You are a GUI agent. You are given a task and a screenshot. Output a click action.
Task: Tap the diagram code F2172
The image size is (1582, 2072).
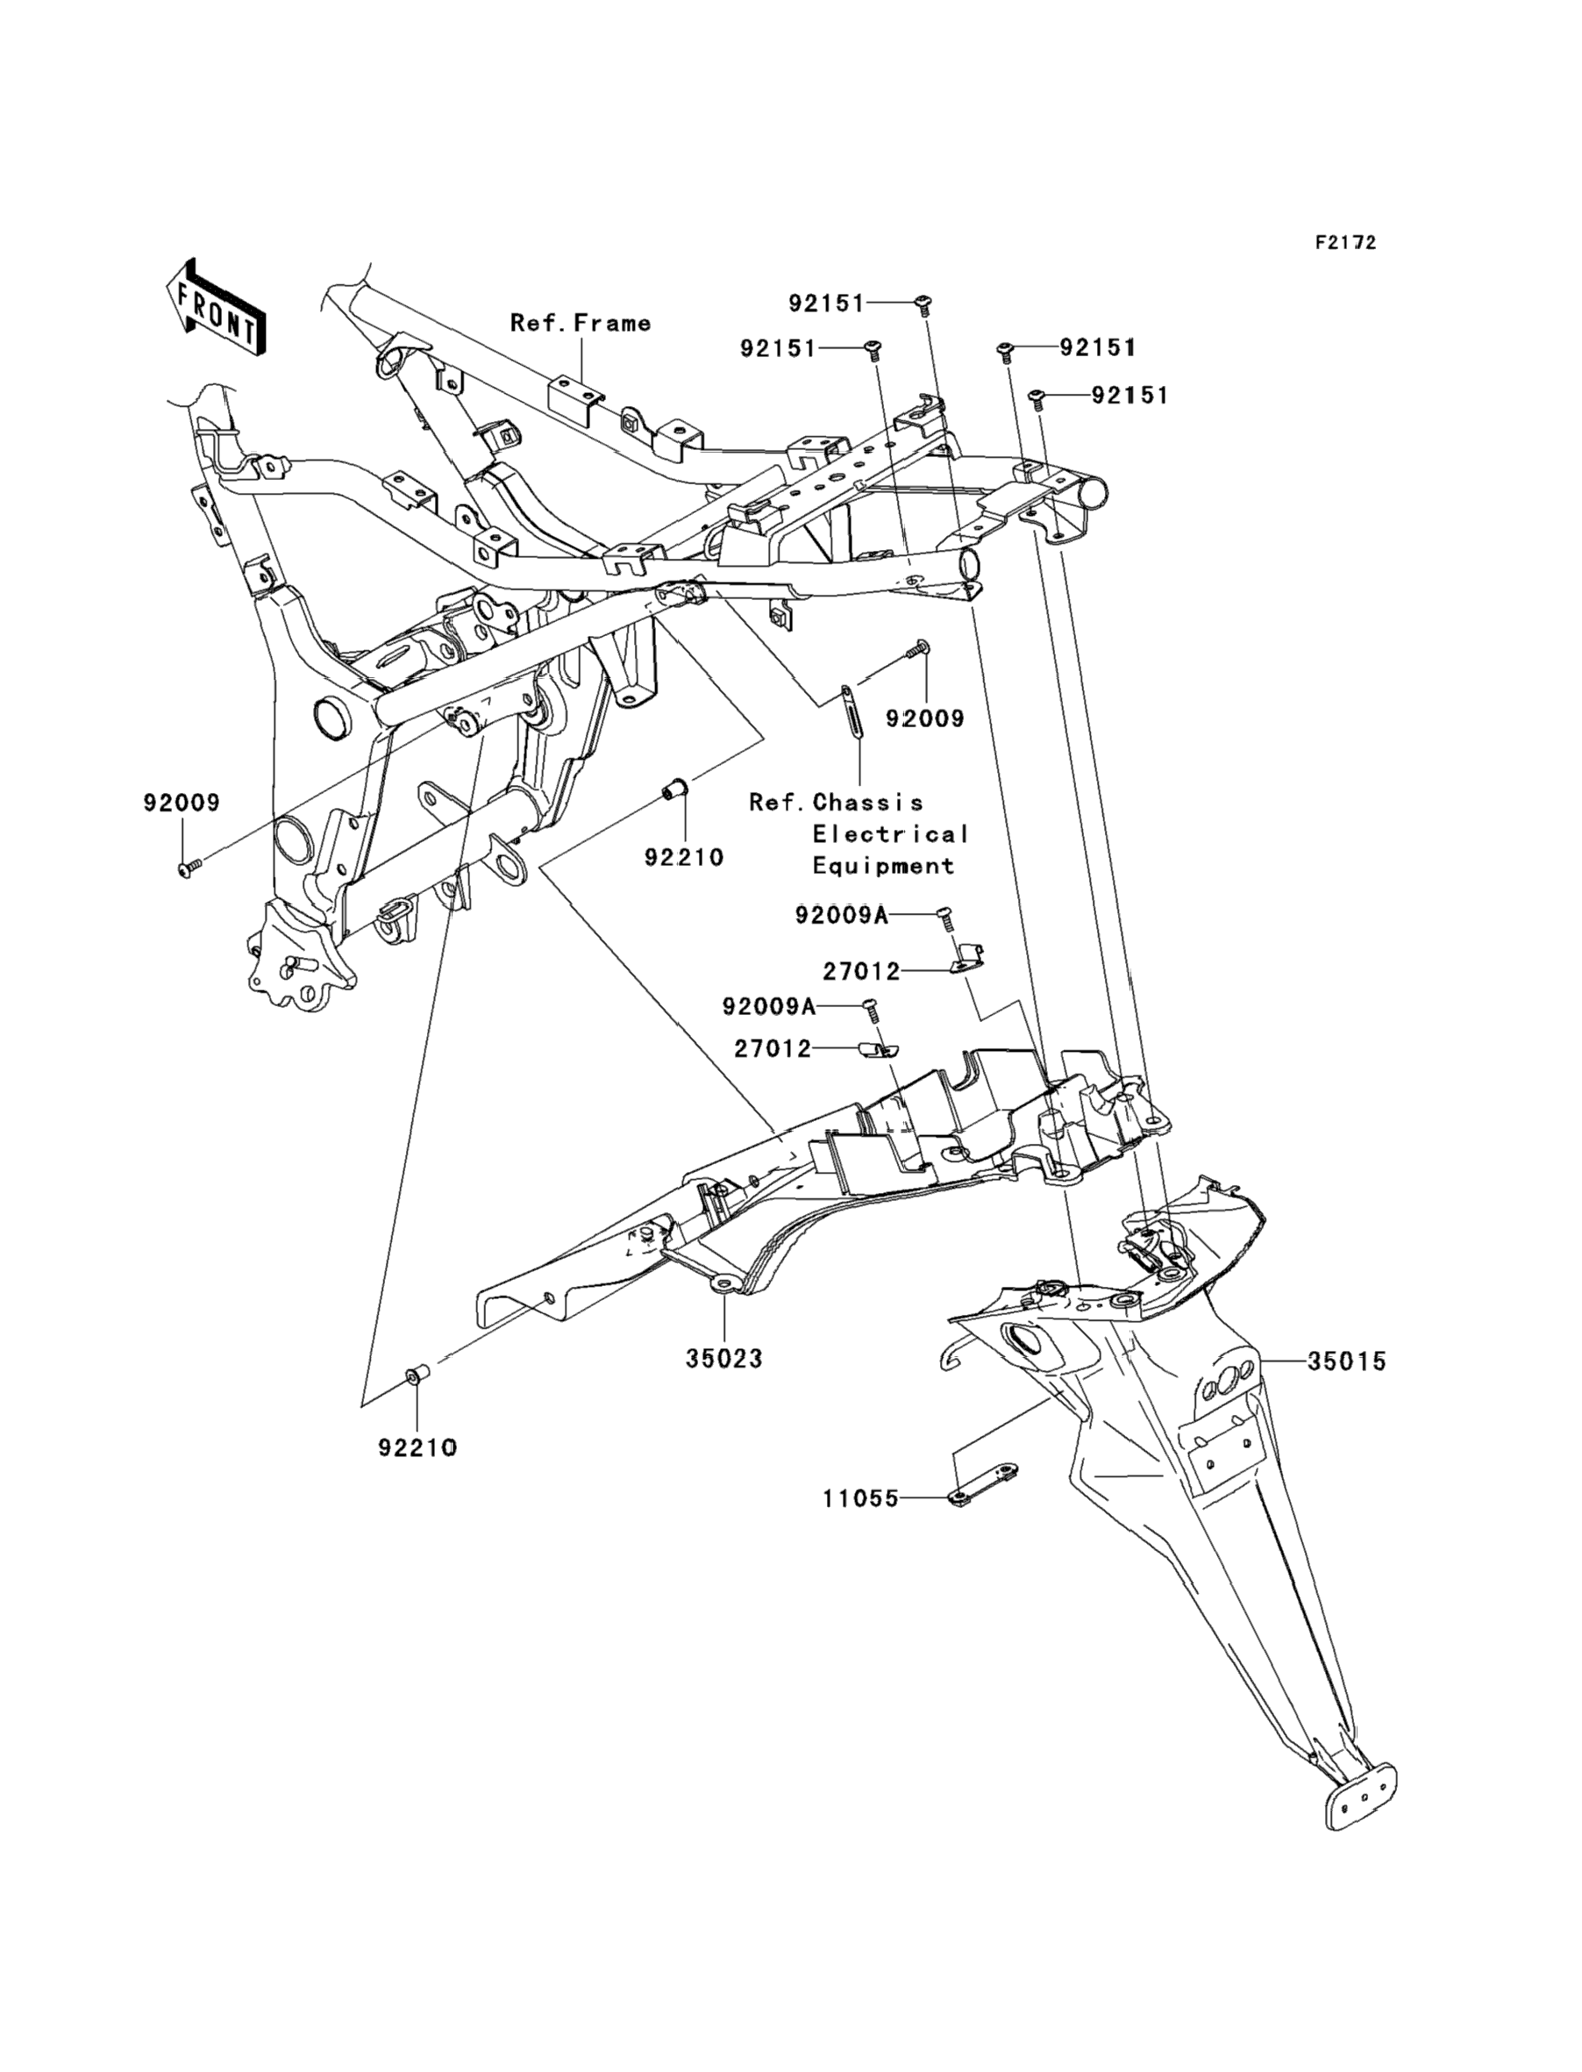[x=1345, y=243]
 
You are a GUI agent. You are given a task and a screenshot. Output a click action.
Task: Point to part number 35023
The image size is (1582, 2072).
[x=724, y=1359]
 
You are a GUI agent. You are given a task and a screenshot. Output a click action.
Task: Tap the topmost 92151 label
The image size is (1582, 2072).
[x=827, y=304]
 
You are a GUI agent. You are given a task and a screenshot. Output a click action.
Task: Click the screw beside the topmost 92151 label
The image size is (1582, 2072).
[x=922, y=304]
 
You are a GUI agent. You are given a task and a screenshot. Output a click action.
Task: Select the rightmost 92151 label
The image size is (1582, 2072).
[x=1130, y=396]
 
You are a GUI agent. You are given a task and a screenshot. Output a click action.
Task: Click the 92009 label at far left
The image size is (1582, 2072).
[x=182, y=803]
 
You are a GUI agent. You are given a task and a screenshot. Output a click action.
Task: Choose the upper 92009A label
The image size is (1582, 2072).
[x=842, y=915]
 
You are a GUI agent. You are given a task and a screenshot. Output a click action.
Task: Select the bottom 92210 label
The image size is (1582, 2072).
[x=418, y=1448]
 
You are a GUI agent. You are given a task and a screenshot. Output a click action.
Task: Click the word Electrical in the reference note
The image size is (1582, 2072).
[x=891, y=834]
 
